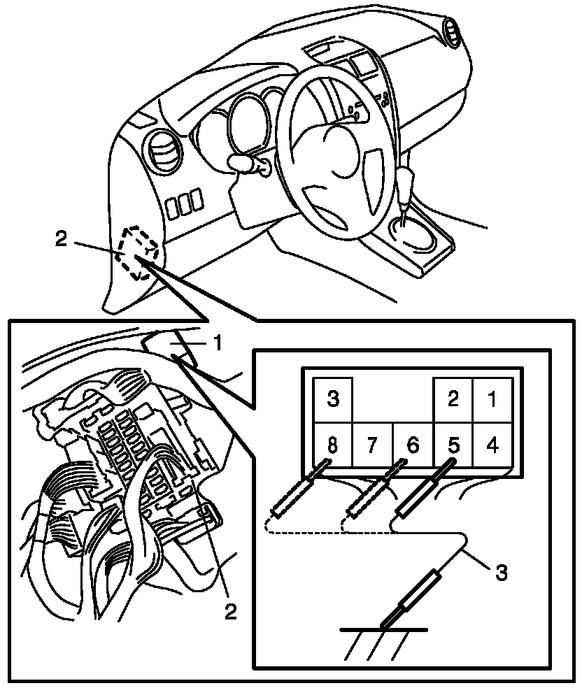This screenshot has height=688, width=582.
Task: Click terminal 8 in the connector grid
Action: click(332, 445)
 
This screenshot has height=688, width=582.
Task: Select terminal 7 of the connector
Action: click(372, 445)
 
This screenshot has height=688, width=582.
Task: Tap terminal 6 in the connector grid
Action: click(413, 445)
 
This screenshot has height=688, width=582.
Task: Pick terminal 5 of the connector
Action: click(453, 445)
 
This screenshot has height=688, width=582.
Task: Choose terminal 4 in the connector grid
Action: click(492, 445)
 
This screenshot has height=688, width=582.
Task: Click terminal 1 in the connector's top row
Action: click(492, 400)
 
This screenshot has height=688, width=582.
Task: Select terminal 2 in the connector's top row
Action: click(453, 400)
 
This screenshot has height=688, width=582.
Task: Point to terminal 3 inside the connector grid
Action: click(333, 400)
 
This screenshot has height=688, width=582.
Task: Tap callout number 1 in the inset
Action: click(218, 343)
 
